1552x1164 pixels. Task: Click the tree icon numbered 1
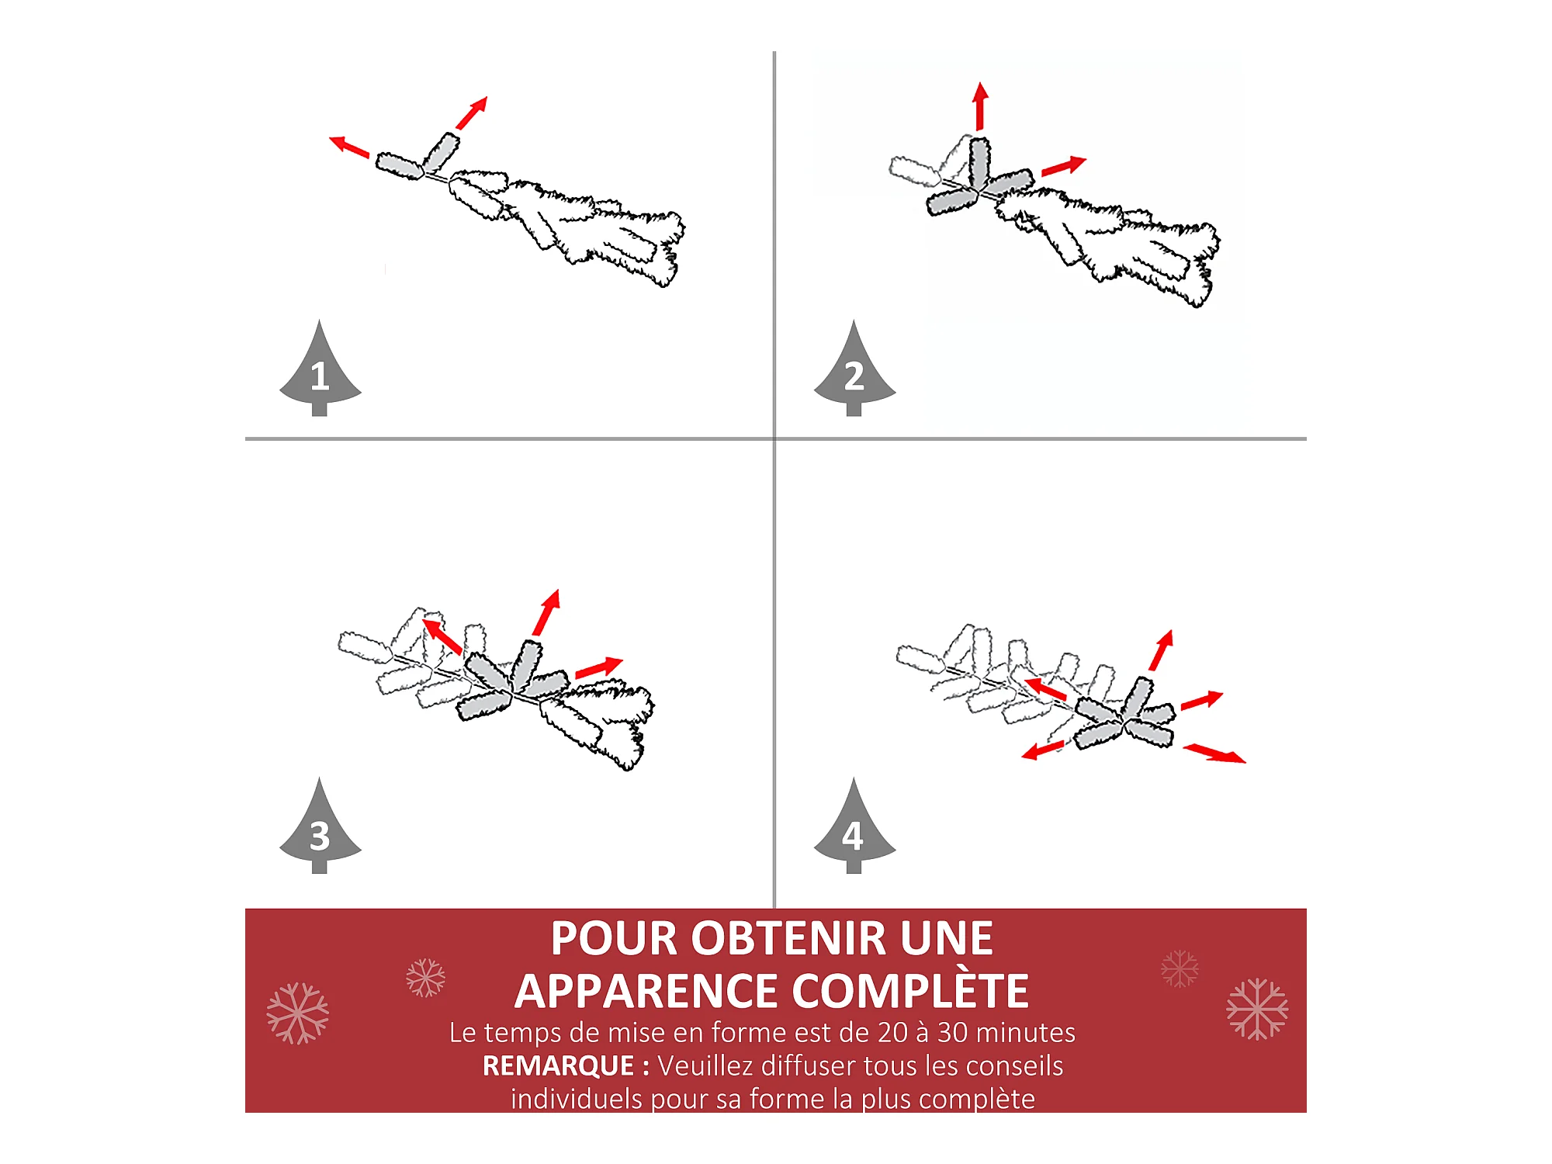[320, 371]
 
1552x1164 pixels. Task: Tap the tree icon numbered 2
[854, 371]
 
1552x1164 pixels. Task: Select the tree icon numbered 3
[320, 829]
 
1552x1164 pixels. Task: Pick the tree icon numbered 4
[854, 829]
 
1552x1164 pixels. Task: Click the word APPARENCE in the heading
[646, 991]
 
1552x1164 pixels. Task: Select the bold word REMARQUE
[559, 1065]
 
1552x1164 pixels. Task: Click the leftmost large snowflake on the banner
[297, 1013]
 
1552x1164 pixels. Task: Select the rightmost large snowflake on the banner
[1257, 1009]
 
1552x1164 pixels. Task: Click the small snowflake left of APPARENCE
[425, 978]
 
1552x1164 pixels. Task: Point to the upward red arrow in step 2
[981, 106]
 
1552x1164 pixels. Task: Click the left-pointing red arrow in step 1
[348, 147]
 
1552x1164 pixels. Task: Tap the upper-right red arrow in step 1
[472, 113]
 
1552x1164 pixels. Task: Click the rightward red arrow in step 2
[1064, 166]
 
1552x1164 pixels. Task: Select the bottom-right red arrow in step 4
[1214, 753]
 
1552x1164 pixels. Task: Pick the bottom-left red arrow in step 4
[1042, 750]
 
